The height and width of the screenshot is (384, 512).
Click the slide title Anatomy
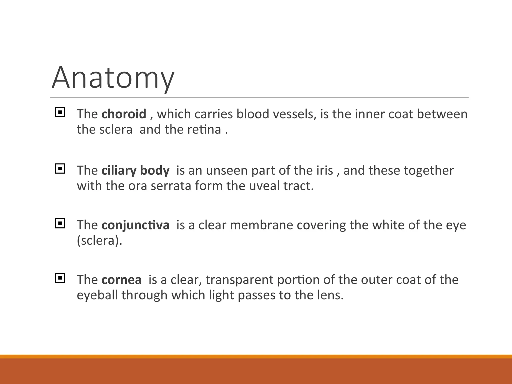coord(113,77)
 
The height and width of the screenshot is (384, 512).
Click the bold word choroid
coord(124,114)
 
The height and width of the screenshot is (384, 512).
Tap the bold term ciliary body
coord(135,170)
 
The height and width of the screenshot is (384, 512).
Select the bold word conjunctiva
coord(135,225)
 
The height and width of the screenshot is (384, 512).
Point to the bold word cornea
coord(121,279)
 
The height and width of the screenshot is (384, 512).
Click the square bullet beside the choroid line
coord(60,112)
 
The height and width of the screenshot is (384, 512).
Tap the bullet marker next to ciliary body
coord(60,169)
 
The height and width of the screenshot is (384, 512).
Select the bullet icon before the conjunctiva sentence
coord(60,223)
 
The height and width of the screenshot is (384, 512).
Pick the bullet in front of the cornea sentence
coord(60,278)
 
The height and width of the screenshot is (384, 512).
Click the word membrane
coord(261,225)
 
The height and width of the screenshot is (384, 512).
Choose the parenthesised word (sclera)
coord(99,240)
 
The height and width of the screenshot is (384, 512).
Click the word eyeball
coord(97,295)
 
